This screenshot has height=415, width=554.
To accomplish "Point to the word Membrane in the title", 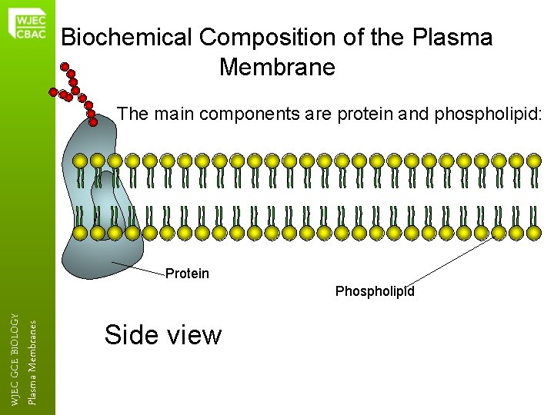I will point(277,68).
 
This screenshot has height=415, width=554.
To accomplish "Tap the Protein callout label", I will point(187,274).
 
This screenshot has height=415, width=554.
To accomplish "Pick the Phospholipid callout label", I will point(375,292).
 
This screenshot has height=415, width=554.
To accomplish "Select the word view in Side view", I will point(195,335).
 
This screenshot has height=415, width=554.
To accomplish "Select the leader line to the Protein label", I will point(138,267).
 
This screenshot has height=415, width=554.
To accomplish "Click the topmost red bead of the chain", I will point(65,66).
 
